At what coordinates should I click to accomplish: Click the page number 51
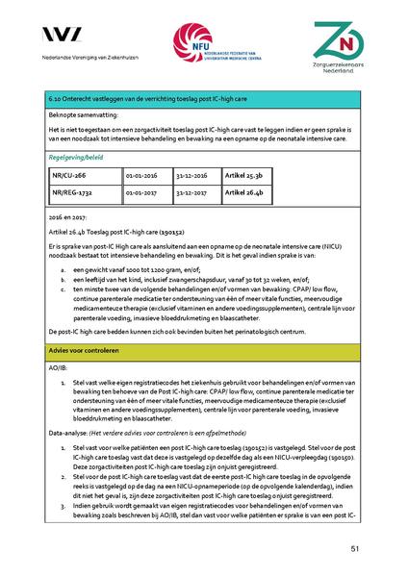355,548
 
